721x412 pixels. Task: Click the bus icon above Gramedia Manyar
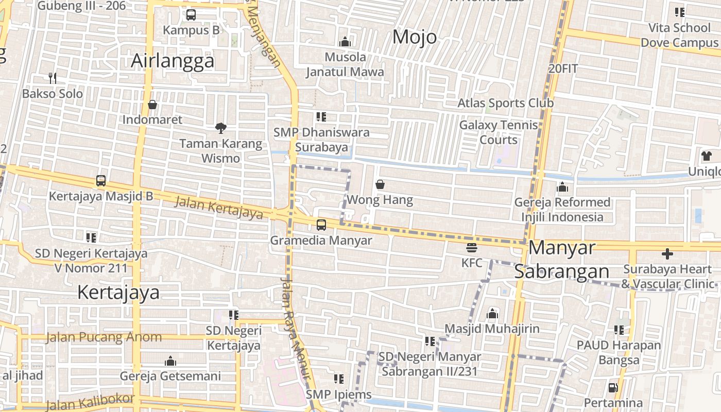coord(321,225)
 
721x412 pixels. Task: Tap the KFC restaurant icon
coord(471,248)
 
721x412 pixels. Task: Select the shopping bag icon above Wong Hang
coord(380,184)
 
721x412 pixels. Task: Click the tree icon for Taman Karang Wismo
coord(221,128)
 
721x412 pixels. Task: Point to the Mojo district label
coord(415,37)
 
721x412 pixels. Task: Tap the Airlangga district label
coord(173,61)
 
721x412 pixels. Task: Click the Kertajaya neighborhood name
coord(118,293)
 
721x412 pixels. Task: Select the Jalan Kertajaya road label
coord(218,207)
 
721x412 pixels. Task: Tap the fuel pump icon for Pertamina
coord(613,387)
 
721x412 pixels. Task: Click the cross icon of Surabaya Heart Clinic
coord(667,254)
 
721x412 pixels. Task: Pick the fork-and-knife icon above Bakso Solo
coord(52,78)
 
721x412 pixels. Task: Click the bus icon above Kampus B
coord(191,15)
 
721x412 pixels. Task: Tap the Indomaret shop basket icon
coord(152,105)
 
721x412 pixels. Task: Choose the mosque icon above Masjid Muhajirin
coord(492,313)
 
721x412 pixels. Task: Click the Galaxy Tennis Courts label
coord(498,132)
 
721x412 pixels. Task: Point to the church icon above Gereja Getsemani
coord(170,361)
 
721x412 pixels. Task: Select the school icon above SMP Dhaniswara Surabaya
coord(321,117)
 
